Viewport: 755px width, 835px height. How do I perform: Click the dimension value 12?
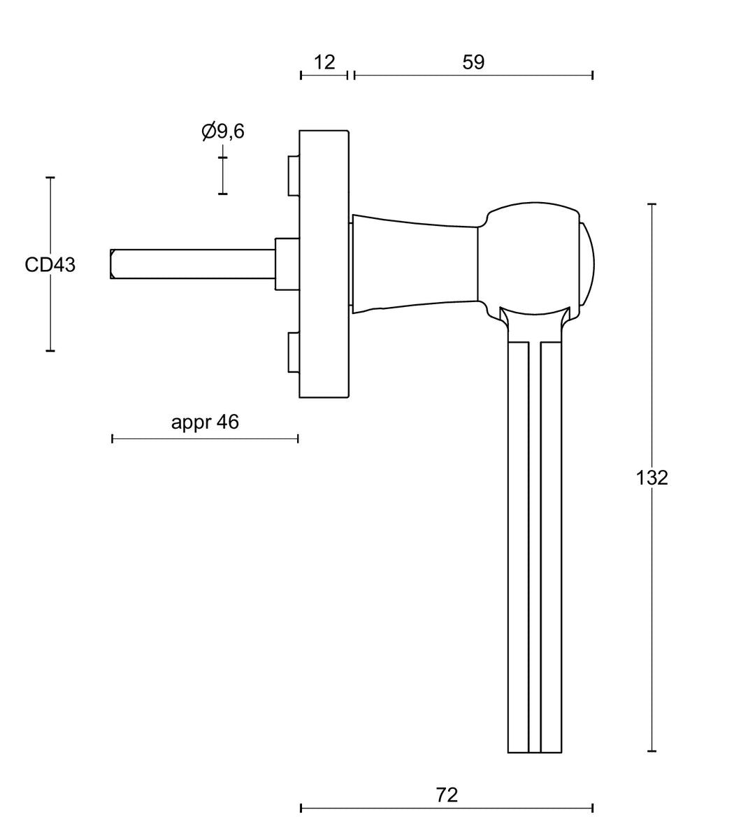tap(324, 62)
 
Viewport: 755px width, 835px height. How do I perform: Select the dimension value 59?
tap(473, 62)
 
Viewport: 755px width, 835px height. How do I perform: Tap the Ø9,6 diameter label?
tap(223, 131)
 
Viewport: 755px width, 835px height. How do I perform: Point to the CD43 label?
tap(50, 265)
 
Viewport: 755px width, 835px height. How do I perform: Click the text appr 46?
tap(205, 422)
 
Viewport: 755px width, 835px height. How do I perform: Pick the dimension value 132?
tap(652, 478)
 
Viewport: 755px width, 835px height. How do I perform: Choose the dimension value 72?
tap(447, 794)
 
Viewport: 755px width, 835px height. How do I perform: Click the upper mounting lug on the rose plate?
tap(294, 176)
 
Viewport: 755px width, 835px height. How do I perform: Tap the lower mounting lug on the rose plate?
tap(294, 352)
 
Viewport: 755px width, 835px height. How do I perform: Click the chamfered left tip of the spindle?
tap(113, 264)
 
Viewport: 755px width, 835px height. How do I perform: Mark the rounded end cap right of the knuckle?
tap(587, 264)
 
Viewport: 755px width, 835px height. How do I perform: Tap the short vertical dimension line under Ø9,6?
tap(223, 176)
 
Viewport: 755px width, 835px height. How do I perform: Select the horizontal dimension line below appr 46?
tap(205, 438)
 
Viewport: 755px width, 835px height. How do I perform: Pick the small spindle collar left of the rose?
tap(287, 264)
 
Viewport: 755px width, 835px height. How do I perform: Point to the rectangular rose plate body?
tap(324, 264)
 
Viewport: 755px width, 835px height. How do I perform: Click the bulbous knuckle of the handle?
tap(529, 259)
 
